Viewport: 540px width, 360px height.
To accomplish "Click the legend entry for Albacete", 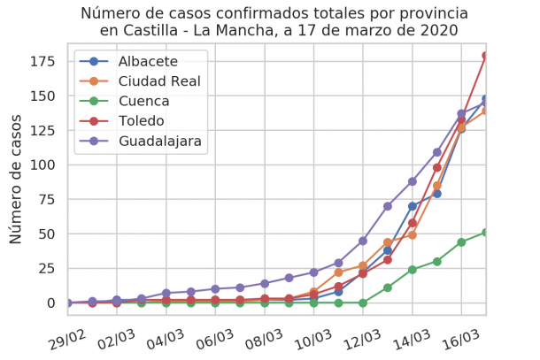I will coord(148,62).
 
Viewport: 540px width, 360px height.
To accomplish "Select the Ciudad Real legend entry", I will coord(158,81).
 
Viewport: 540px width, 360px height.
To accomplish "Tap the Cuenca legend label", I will coord(143,101).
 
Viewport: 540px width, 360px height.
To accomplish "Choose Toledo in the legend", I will coord(142,121).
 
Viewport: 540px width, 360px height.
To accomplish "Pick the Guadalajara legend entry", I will coord(159,141).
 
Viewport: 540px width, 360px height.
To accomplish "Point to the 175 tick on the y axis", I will coord(42,61).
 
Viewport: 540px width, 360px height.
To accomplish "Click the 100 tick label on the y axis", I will coord(42,165).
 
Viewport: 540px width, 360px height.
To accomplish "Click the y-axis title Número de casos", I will coord(16,179).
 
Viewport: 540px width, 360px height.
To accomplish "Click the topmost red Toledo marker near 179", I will coord(486,56).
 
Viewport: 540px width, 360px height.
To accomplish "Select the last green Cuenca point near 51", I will coord(486,233).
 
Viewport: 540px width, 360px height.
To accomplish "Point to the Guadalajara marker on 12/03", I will coord(363,241).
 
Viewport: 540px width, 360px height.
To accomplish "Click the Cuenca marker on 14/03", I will coord(413,270).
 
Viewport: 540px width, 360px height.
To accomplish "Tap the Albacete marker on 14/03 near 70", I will coord(413,206).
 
